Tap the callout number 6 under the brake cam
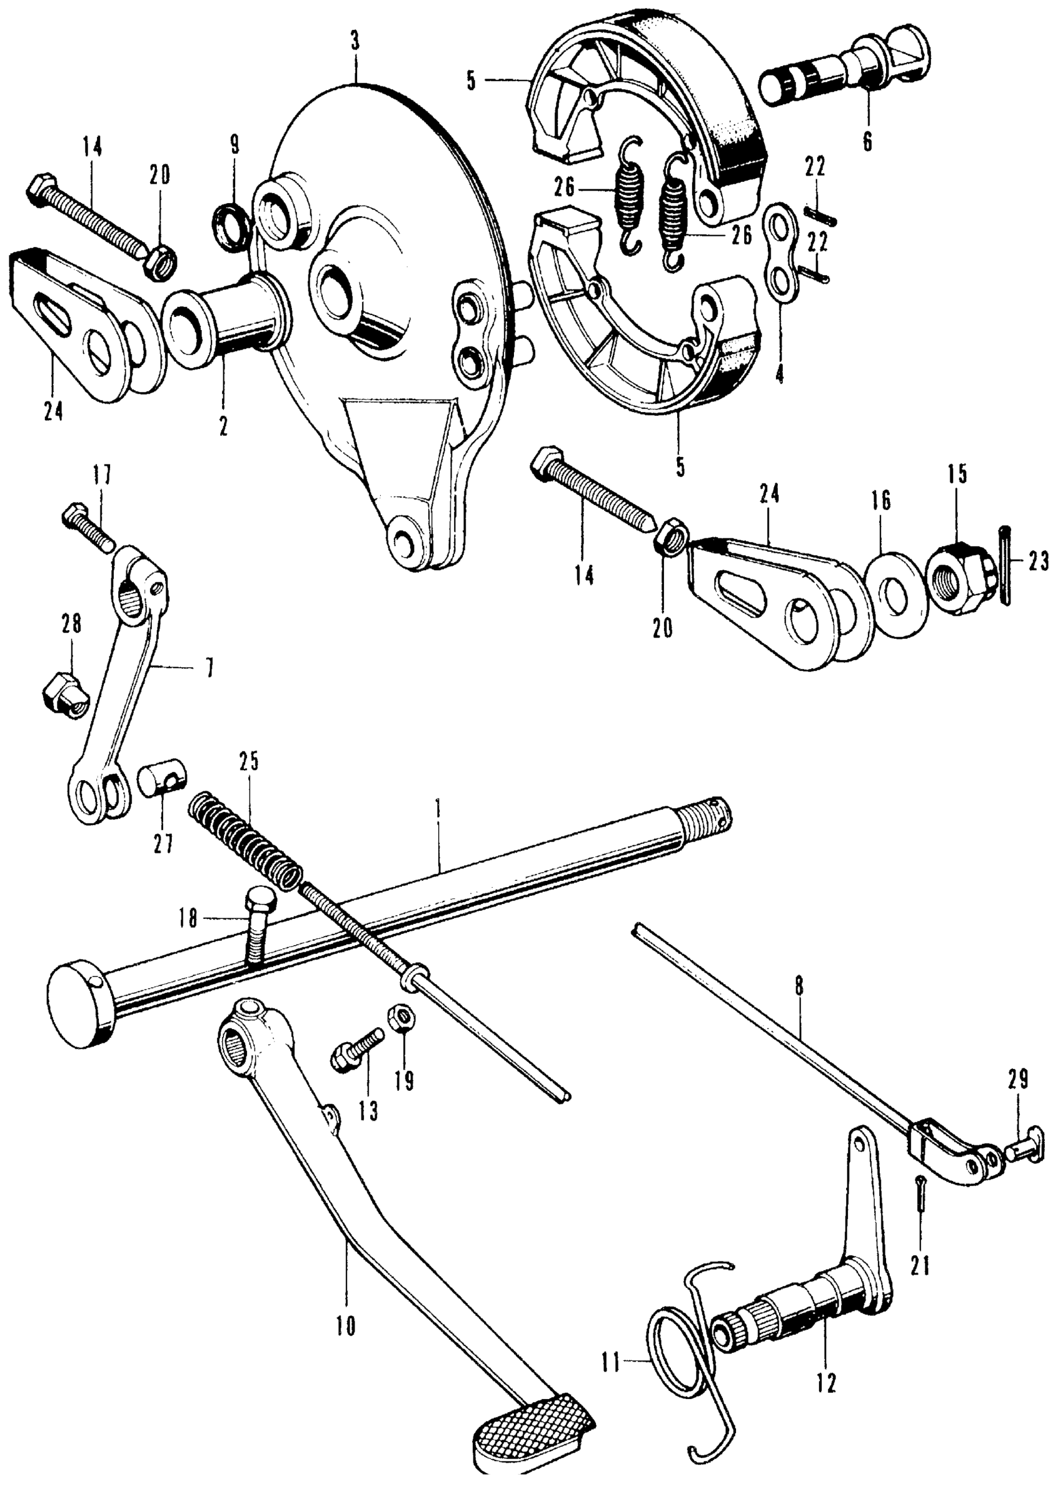click(867, 141)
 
